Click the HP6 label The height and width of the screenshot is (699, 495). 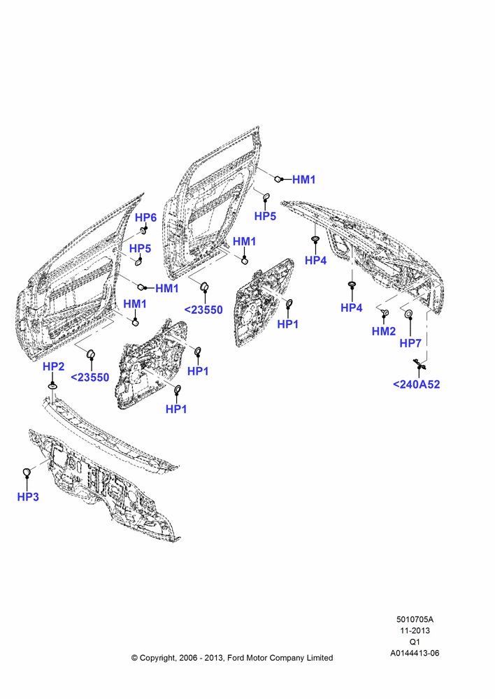[146, 217]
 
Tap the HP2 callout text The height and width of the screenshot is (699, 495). [54, 366]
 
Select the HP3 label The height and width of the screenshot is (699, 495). [28, 496]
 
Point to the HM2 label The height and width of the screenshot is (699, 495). [384, 331]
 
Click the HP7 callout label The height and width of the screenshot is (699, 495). [410, 343]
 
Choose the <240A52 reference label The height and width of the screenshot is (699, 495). [417, 384]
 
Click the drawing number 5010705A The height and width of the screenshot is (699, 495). [415, 619]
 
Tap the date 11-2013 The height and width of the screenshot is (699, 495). [415, 630]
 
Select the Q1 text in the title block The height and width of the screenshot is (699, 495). [415, 642]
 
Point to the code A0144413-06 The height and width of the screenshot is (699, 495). [415, 653]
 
